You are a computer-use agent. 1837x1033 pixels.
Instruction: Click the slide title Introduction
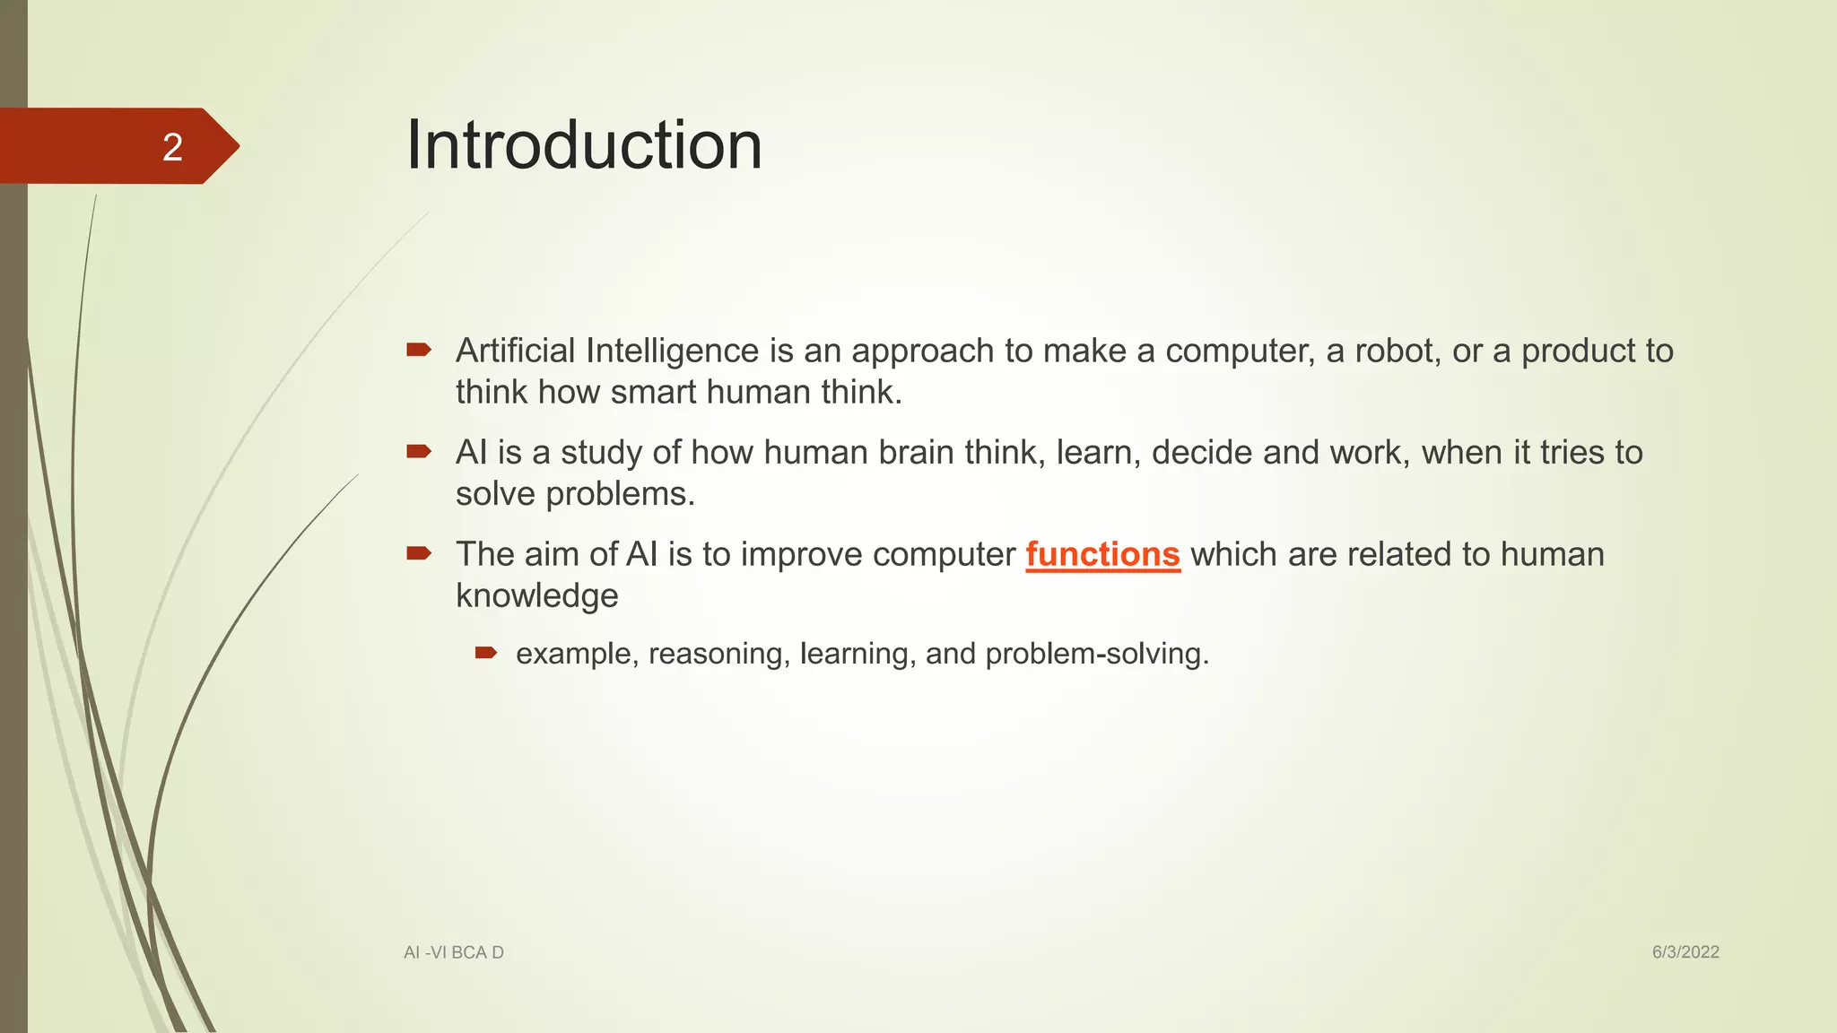[x=584, y=145]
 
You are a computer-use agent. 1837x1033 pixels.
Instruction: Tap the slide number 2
[x=172, y=147]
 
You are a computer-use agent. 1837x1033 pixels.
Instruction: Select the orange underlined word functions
[x=1102, y=554]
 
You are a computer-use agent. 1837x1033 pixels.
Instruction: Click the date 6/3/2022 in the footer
[x=1685, y=952]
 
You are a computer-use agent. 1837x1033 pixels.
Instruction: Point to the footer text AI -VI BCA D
[x=454, y=952]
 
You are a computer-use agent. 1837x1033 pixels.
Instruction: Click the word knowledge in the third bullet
[x=536, y=596]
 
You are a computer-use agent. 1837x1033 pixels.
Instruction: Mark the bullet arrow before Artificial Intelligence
[x=419, y=350]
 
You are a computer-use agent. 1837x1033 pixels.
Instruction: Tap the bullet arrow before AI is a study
[x=419, y=451]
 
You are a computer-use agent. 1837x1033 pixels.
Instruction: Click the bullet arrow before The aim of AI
[x=419, y=553]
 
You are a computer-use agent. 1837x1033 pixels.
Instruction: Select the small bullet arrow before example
[x=486, y=653]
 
